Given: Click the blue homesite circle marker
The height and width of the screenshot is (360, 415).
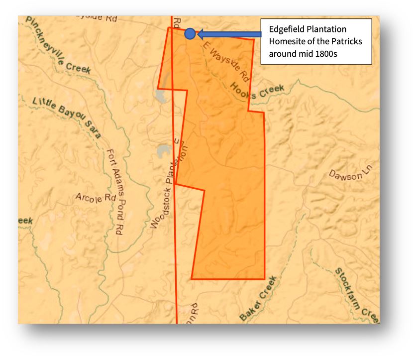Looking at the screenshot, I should point(190,34).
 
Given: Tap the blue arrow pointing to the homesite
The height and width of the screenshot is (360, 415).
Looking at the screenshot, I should point(229,34).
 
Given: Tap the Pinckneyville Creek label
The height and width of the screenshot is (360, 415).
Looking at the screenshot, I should point(58,46).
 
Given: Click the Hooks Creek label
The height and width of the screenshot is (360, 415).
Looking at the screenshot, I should point(257,92).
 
